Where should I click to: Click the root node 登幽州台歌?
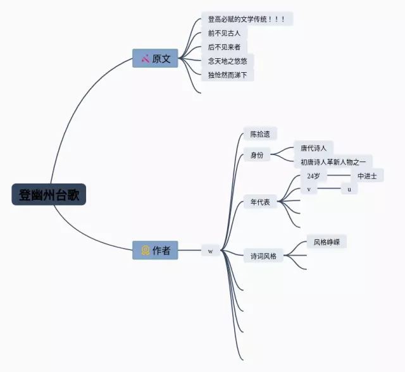(49, 194)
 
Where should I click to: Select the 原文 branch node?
(156, 58)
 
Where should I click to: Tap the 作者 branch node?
(156, 251)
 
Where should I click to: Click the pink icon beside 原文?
(145, 59)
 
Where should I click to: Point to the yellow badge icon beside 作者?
(145, 251)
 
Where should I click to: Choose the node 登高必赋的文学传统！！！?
(247, 20)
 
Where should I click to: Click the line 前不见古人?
(224, 34)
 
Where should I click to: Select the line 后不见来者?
(224, 47)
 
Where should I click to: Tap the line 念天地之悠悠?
(228, 61)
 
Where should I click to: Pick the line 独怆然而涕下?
(228, 75)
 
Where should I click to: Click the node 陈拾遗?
(260, 134)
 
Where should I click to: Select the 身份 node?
(257, 154)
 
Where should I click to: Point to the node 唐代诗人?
(313, 148)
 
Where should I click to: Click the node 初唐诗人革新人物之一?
(333, 162)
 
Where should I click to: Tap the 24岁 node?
(313, 176)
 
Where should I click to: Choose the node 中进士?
(366, 176)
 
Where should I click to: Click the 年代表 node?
(260, 202)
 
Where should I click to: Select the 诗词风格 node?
(263, 256)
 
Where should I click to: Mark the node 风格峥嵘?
(327, 242)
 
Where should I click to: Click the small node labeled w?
(210, 251)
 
